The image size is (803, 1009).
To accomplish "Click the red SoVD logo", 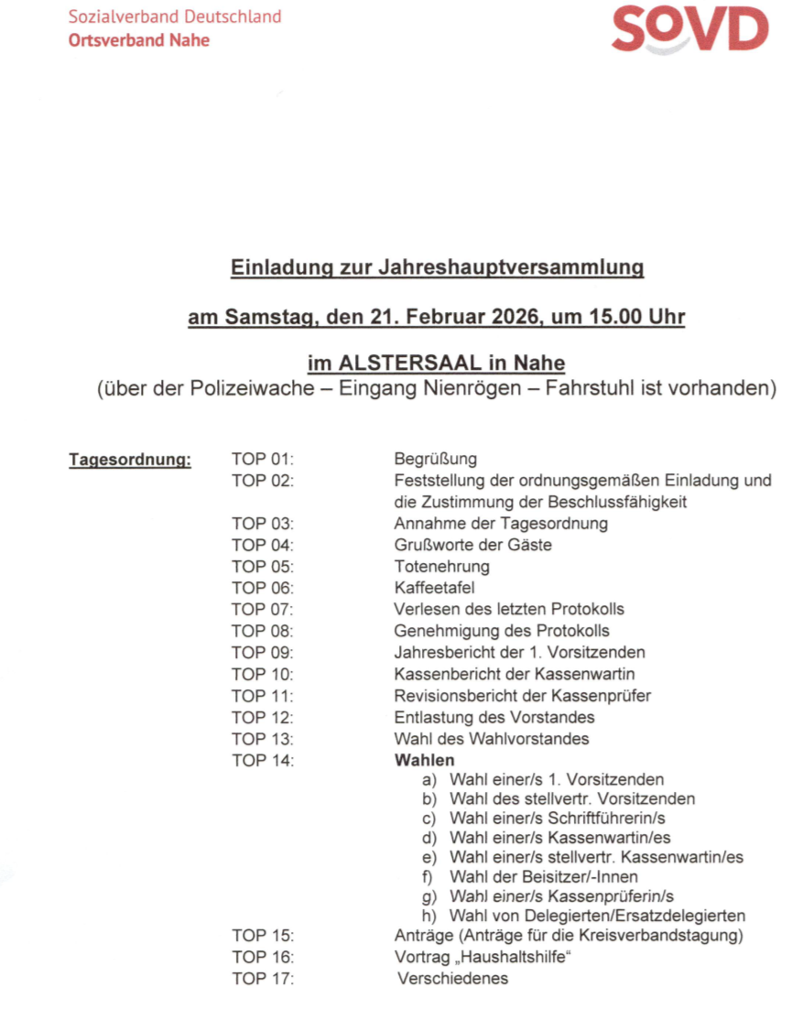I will click(689, 30).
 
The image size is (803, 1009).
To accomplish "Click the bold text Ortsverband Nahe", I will click(138, 40).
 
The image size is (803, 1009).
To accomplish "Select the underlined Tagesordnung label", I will click(130, 460).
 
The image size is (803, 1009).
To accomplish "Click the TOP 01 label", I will click(263, 460).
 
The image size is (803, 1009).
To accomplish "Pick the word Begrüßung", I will click(435, 460).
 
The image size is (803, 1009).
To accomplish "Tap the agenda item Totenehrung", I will click(441, 567).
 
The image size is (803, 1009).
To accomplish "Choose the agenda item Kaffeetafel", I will click(434, 588).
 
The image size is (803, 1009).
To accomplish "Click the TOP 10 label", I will click(263, 674).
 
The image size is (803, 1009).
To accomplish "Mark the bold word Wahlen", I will click(424, 760).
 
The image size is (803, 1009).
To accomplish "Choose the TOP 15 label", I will click(263, 936).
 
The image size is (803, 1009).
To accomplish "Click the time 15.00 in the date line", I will click(623, 319).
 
